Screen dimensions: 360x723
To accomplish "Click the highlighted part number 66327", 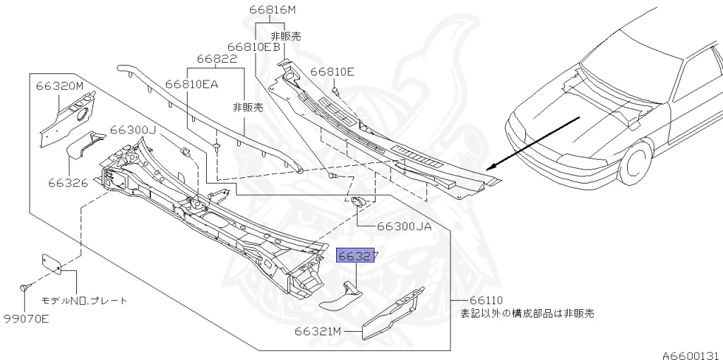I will click(357, 256).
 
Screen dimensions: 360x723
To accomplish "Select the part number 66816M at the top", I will click(272, 10).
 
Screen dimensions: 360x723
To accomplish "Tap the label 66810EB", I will click(257, 47).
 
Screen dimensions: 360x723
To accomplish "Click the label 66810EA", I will click(192, 83).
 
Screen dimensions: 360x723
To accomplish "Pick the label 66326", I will click(68, 183).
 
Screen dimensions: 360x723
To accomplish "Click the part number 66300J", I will click(133, 131).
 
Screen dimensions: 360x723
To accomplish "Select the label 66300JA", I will click(404, 226).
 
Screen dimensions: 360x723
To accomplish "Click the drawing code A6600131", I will click(690, 353).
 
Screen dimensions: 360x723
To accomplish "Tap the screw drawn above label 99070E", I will click(25, 287).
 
